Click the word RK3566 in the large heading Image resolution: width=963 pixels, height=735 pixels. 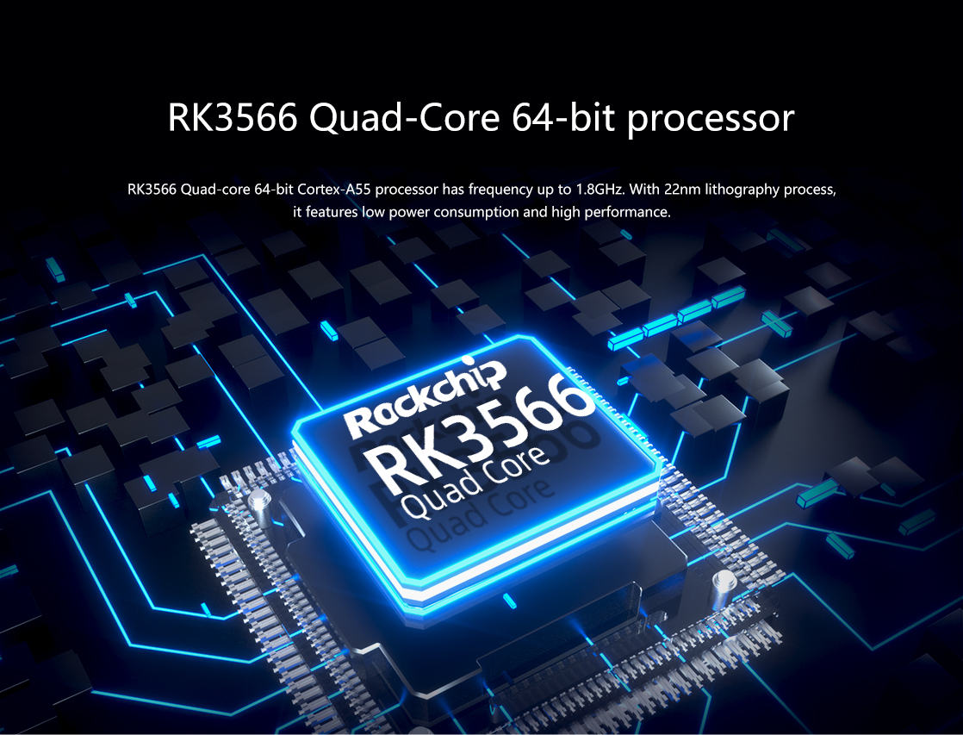pyautogui.click(x=233, y=117)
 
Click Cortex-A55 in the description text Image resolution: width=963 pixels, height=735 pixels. pyautogui.click(x=334, y=190)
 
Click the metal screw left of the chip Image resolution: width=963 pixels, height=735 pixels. pyautogui.click(x=260, y=504)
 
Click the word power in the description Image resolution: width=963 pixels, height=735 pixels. pyautogui.click(x=410, y=213)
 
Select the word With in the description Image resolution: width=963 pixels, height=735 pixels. pyautogui.click(x=644, y=190)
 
